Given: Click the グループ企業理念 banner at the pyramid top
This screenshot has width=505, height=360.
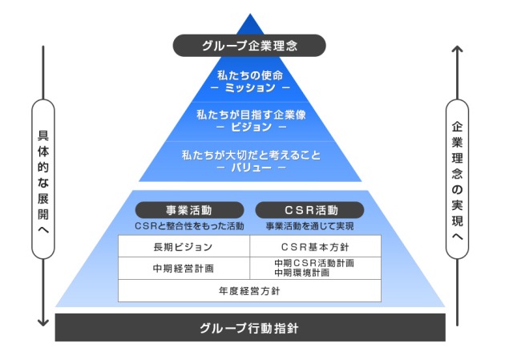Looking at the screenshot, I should (x=251, y=45).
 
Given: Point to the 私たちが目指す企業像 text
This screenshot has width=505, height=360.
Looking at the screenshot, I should (x=251, y=115).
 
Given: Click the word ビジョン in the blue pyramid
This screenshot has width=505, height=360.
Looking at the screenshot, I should (x=251, y=127).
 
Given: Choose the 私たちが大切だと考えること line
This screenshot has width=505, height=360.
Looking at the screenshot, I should (x=251, y=155).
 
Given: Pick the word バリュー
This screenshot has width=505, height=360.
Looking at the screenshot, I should (x=251, y=168).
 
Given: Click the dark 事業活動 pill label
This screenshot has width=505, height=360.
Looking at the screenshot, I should (x=189, y=210).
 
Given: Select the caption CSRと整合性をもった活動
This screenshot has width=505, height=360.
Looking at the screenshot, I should (x=189, y=226).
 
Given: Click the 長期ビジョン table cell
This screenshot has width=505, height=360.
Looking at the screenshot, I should (x=184, y=246).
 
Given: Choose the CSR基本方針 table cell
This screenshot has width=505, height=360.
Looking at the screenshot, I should (x=315, y=246).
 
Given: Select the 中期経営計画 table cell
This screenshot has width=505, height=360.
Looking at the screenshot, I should (x=184, y=268).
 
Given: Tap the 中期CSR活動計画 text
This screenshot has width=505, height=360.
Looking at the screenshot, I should (x=315, y=263).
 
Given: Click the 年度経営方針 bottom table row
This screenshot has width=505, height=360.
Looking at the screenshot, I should (x=249, y=290).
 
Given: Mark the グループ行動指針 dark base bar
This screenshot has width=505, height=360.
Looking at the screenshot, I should (x=249, y=328).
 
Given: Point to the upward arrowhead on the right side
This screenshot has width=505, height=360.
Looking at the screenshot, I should (x=457, y=49).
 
